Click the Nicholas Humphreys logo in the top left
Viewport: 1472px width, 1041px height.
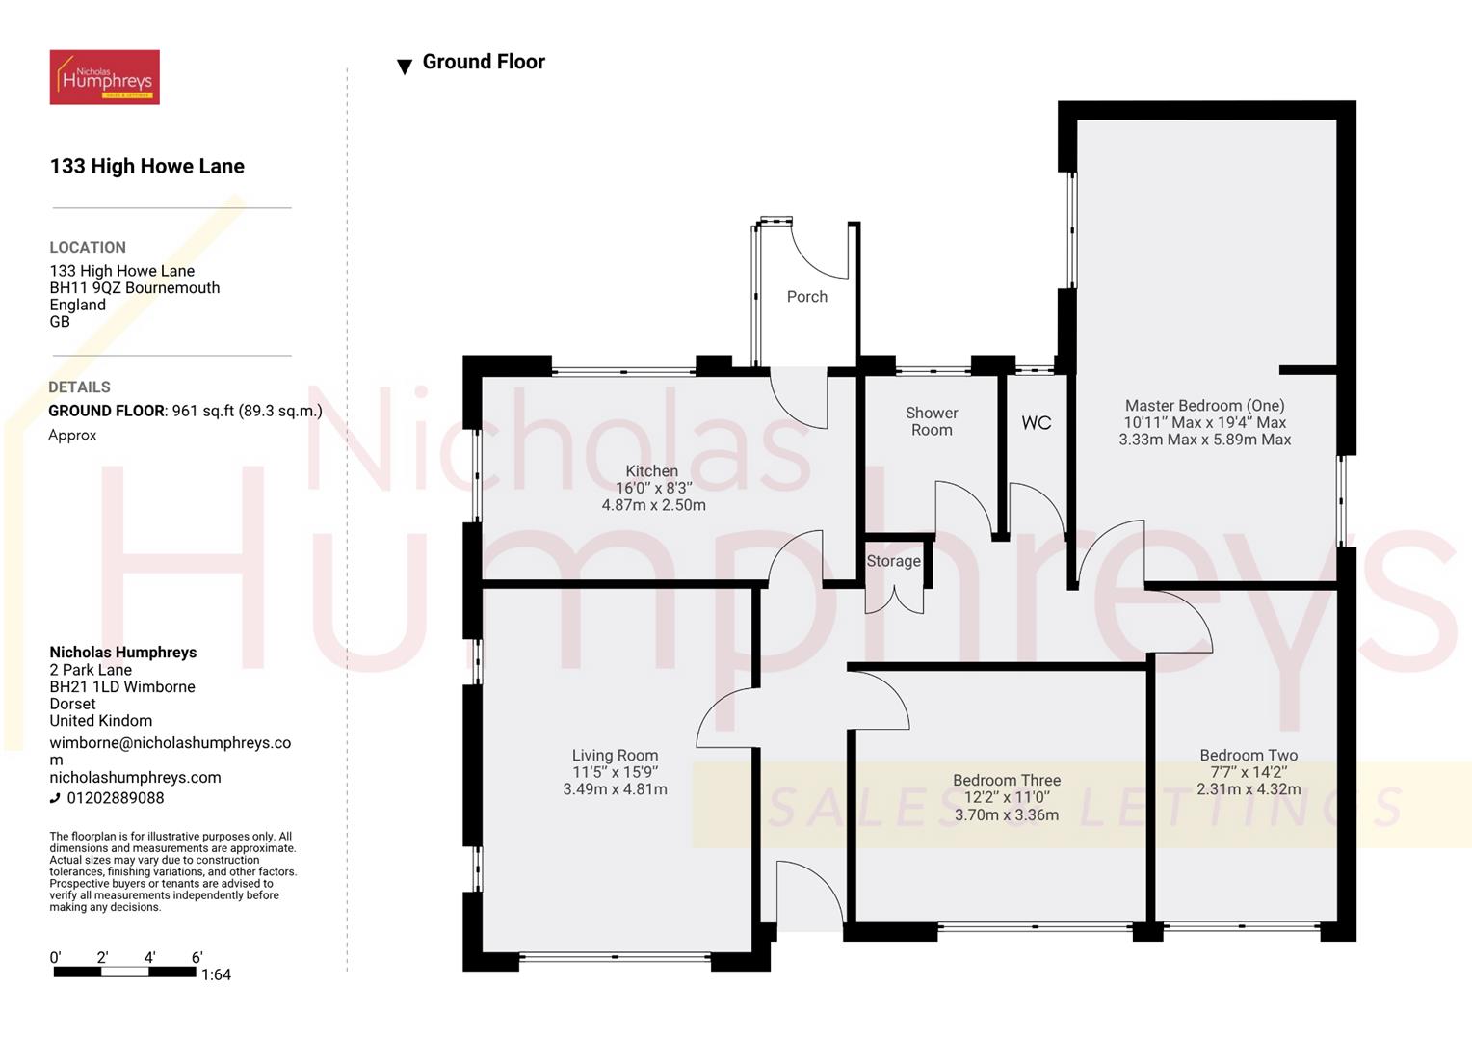(x=104, y=77)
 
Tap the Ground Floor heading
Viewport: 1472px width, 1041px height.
(x=483, y=62)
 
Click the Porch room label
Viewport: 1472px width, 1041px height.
(x=806, y=297)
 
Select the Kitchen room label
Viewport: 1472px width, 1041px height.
(x=652, y=471)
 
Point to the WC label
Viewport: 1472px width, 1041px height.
(x=1036, y=423)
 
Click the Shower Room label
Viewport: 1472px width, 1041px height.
(x=932, y=421)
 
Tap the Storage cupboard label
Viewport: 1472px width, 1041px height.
(x=893, y=561)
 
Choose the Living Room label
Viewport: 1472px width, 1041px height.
(x=615, y=756)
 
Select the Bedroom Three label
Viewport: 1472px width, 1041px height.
(x=1007, y=781)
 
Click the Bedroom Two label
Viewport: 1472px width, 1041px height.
(x=1249, y=756)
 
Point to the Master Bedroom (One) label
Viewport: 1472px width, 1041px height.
(x=1204, y=406)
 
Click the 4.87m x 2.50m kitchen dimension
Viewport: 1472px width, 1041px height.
(x=653, y=505)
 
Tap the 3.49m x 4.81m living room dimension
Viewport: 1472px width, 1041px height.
(x=615, y=789)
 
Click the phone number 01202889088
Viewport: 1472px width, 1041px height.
(x=115, y=798)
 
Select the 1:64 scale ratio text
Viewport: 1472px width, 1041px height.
(x=216, y=974)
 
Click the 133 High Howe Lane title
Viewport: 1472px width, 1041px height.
(x=146, y=167)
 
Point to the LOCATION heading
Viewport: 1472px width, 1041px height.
(x=88, y=248)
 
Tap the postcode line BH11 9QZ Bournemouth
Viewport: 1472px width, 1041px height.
(x=135, y=288)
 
